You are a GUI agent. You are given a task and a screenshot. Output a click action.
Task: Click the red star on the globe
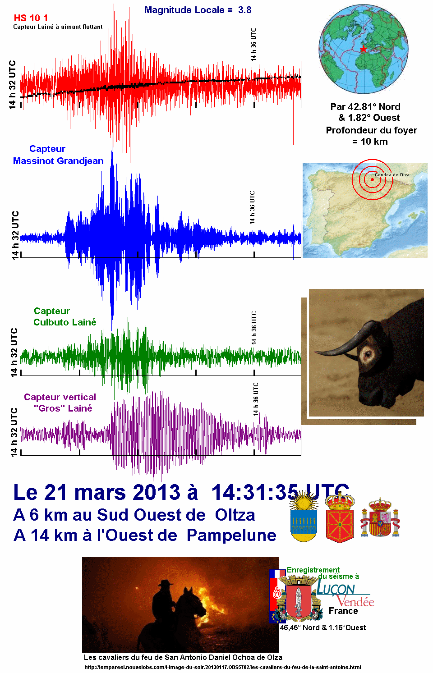tap(363, 48)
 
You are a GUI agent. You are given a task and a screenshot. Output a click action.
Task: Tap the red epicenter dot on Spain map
tap(372, 179)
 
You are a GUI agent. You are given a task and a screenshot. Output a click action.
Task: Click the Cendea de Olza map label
tap(392, 174)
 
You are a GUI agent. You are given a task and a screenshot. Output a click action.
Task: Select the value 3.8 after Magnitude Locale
tap(245, 10)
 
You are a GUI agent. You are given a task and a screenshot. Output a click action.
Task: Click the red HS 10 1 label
tap(31, 18)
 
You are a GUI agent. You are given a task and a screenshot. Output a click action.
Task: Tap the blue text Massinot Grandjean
tap(58, 161)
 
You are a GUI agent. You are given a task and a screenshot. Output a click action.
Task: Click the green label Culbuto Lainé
tap(64, 322)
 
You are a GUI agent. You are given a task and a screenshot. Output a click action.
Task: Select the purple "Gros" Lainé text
tap(63, 408)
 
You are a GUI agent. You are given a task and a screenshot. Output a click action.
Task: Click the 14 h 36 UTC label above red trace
tap(253, 45)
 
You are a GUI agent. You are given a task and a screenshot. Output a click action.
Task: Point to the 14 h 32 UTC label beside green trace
tap(14, 353)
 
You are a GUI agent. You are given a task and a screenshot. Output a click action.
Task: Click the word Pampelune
tap(231, 536)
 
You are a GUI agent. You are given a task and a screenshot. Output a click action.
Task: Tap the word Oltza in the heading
tap(235, 515)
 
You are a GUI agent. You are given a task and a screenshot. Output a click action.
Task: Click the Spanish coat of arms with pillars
tap(380, 518)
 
